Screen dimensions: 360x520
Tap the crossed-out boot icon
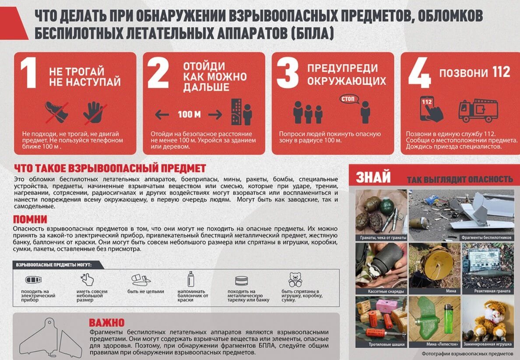(57, 112)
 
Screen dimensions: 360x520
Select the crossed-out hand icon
(93, 112)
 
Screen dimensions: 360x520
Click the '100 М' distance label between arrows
(189, 115)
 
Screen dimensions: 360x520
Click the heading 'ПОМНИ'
(30, 219)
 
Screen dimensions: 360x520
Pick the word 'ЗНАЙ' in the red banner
(373, 178)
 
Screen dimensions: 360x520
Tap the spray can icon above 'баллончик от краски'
(191, 279)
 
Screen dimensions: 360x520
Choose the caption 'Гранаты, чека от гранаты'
(381, 237)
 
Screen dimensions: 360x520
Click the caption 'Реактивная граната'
(488, 291)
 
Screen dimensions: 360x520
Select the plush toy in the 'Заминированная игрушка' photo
(490, 318)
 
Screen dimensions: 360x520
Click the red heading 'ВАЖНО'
(107, 323)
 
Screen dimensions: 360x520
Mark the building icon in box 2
(236, 112)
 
